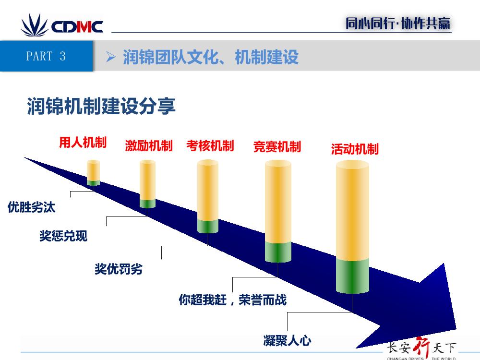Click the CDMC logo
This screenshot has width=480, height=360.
click(x=62, y=26)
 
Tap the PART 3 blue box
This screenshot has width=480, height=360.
click(x=46, y=56)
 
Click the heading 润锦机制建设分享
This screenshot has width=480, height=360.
click(x=101, y=106)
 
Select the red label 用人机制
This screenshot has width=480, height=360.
click(x=83, y=143)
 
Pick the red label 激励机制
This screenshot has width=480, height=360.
click(x=149, y=146)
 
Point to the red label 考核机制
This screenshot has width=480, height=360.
click(x=210, y=146)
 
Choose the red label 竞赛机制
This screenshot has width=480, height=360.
click(x=277, y=147)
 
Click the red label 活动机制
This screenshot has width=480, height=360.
click(x=355, y=149)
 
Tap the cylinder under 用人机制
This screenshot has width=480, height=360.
click(x=94, y=173)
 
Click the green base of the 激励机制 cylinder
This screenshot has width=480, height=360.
click(x=147, y=204)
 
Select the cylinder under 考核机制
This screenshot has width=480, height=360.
click(x=208, y=196)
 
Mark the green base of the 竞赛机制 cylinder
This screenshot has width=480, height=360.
click(x=278, y=252)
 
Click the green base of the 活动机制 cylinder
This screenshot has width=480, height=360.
click(x=352, y=276)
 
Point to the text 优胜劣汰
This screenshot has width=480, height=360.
click(x=31, y=207)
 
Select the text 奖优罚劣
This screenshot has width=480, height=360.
click(x=119, y=269)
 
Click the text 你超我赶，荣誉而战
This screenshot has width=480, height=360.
click(x=233, y=300)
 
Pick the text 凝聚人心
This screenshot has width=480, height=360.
click(x=287, y=341)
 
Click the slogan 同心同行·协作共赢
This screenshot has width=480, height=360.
click(x=398, y=24)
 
